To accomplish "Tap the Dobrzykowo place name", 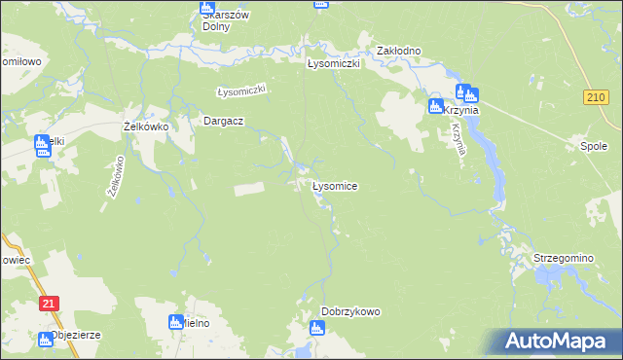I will tap(350, 312).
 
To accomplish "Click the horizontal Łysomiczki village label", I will tap(334, 63).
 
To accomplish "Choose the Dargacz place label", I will tap(222, 121).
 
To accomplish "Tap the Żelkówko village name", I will tap(147, 126).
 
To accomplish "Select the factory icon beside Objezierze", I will tap(45, 340).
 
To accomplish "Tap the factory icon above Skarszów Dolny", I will tap(206, 6).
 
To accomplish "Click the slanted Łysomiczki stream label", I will tap(240, 90).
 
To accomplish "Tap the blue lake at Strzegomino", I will tap(551, 280).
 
